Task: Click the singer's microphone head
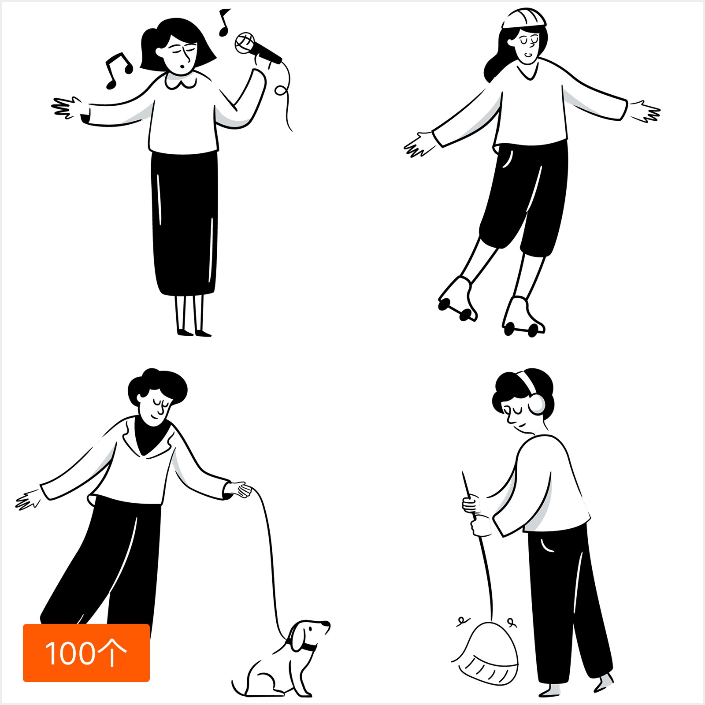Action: [x=245, y=42]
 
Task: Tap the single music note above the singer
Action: [x=224, y=22]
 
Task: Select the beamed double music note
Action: [x=118, y=70]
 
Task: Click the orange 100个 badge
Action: [x=86, y=653]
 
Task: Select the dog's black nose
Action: [x=327, y=624]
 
